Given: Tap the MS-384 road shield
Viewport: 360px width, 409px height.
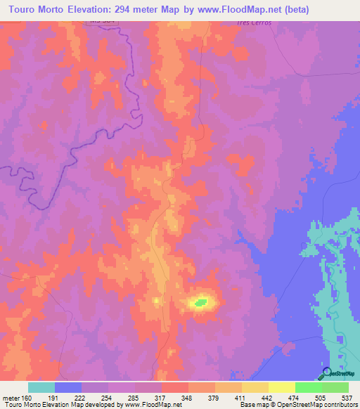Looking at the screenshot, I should tap(102, 22).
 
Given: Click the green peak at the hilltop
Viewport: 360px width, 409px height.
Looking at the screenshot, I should tap(200, 303).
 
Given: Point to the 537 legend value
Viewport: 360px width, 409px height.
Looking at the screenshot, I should tap(348, 398).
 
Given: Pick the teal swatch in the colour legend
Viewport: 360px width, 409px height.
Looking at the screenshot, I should tap(41, 387).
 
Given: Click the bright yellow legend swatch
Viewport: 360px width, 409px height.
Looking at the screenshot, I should tap(281, 387).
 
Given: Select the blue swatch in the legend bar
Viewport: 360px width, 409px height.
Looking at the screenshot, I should tap(68, 387).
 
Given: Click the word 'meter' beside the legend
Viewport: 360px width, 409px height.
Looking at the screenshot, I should tap(12, 398).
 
